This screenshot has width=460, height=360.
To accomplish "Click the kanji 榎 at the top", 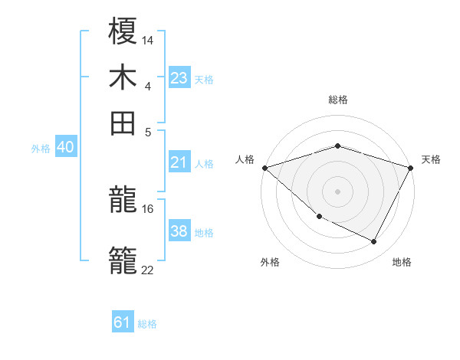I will click(x=123, y=32).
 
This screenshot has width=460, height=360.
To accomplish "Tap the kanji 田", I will click(x=123, y=122).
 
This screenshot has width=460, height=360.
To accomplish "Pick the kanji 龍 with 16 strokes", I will click(x=123, y=201).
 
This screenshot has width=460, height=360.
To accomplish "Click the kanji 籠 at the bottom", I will click(x=123, y=259).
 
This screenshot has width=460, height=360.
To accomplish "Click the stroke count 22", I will click(x=147, y=269).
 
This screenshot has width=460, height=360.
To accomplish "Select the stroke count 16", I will click(x=148, y=208).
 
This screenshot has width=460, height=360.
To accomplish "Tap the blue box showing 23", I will click(x=179, y=78).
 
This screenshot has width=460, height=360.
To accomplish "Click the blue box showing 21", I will click(x=179, y=162).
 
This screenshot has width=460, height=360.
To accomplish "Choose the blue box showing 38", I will click(x=179, y=232).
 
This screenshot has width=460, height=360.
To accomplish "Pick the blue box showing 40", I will click(x=65, y=148).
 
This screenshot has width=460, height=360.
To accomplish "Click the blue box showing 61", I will click(x=123, y=322).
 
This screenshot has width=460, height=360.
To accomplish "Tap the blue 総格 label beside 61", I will click(x=147, y=324).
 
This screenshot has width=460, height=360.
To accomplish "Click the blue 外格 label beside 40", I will click(x=41, y=149).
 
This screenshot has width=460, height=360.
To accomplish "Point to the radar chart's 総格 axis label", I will click(x=337, y=100).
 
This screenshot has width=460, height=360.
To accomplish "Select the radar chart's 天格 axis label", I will click(x=431, y=159).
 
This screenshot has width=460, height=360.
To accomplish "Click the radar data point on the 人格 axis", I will click(x=264, y=167).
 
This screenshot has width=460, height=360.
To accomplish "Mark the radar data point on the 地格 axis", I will click(x=374, y=241).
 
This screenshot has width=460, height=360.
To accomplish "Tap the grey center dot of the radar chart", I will click(x=337, y=191).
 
